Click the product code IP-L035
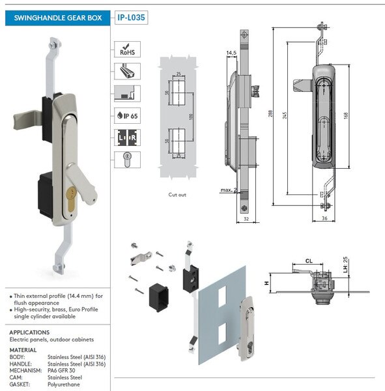(131, 18)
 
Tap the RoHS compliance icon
(127, 50)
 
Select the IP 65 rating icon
(127, 114)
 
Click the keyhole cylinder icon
(127, 157)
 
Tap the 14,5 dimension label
(231, 53)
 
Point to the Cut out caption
(178, 194)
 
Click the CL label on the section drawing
(309, 260)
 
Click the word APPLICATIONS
(30, 332)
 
